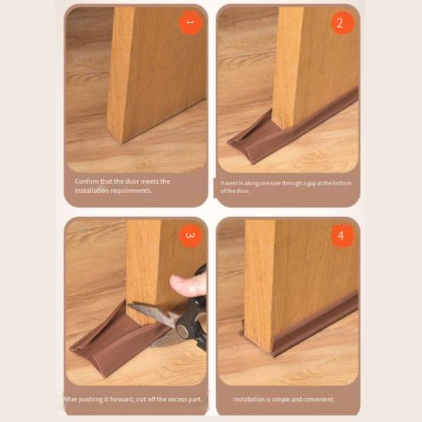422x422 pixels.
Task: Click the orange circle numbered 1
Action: coord(190,23)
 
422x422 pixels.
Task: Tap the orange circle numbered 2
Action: coord(342,23)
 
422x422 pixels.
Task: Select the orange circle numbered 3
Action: coord(190,235)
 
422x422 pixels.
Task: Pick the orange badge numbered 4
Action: coord(342,235)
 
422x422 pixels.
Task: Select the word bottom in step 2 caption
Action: coord(342,183)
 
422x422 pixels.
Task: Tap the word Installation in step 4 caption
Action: coord(249,399)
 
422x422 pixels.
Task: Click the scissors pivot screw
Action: coord(183,330)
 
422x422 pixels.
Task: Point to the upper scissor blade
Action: coord(153,312)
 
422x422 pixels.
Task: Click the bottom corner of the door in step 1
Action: coord(123,143)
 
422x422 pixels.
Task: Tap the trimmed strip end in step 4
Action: coord(242,328)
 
